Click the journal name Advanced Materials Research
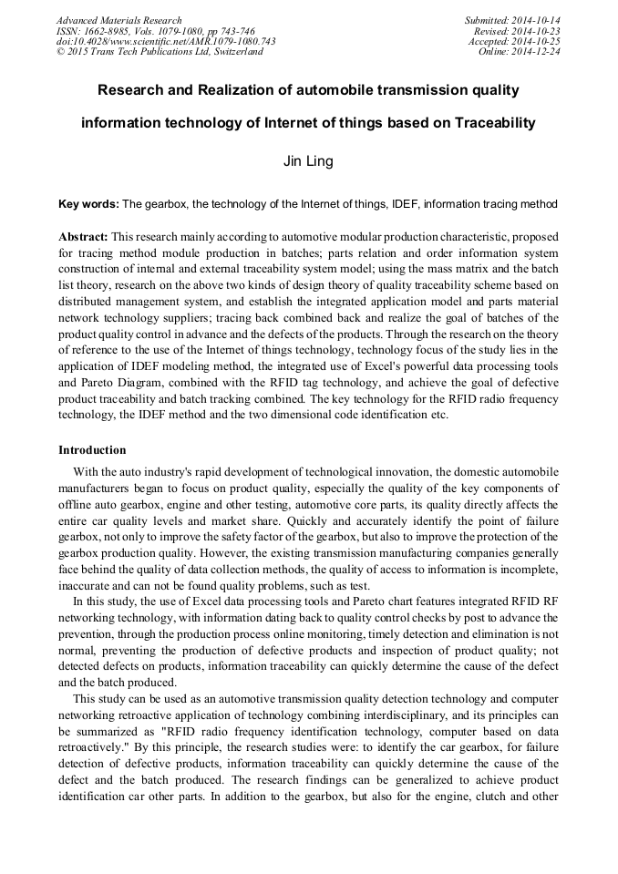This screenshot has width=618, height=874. pyautogui.click(x=118, y=20)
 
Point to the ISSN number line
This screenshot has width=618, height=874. pyautogui.click(x=155, y=31)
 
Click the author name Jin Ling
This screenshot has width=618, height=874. pyautogui.click(x=308, y=161)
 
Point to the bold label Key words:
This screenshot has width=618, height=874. pyautogui.click(x=88, y=204)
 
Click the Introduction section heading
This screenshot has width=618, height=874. pyautogui.click(x=92, y=450)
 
